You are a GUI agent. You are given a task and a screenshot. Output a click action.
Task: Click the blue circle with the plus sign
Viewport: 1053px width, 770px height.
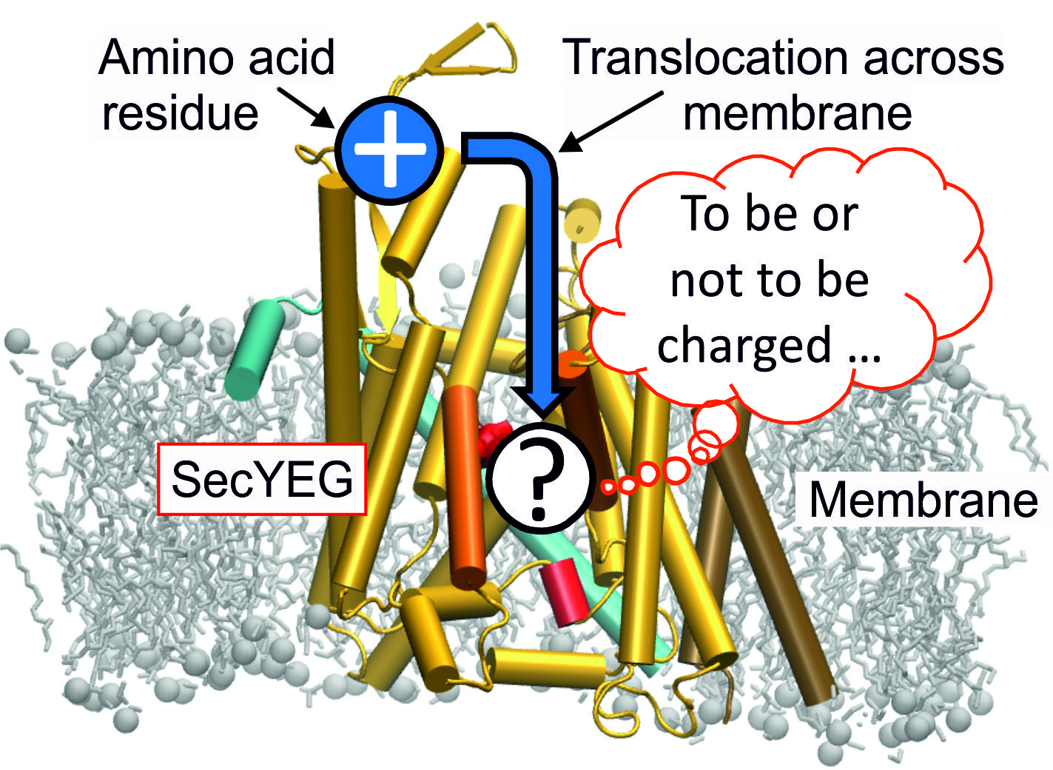click(x=389, y=149)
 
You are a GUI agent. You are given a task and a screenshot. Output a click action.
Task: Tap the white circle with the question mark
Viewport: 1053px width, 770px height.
click(x=542, y=478)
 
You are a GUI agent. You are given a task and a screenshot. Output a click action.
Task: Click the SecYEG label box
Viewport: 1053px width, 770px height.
click(x=262, y=479)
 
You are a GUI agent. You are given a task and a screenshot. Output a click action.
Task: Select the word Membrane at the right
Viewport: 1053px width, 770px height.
click(x=923, y=499)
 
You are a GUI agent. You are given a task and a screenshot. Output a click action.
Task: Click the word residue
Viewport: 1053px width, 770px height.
click(x=180, y=113)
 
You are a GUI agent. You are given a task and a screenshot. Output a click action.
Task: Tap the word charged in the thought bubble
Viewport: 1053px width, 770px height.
click(x=743, y=346)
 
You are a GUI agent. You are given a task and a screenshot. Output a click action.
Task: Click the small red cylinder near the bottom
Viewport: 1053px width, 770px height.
click(x=565, y=591)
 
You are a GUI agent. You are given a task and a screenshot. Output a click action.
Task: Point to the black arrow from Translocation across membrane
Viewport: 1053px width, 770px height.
click(x=610, y=121)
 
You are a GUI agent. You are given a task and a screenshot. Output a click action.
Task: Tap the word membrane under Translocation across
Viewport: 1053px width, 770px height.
click(x=797, y=113)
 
